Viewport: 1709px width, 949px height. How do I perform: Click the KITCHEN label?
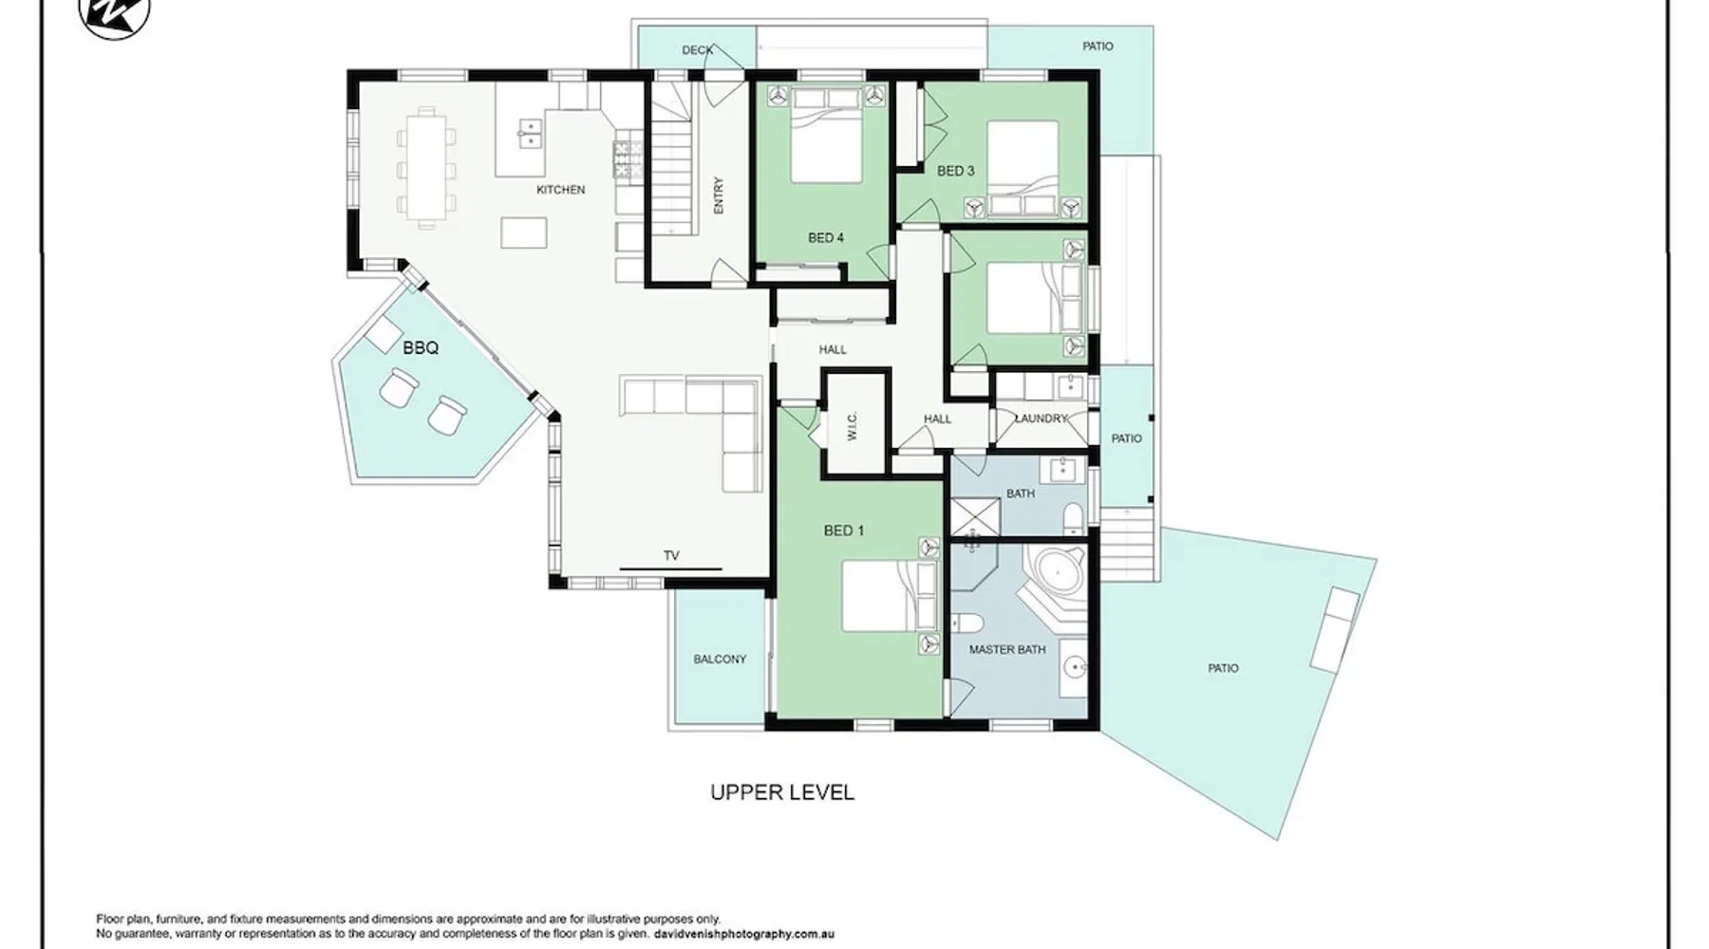pos(560,190)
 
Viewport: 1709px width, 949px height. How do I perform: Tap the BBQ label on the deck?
pos(421,348)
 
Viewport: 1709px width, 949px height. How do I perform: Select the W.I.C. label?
pos(852,425)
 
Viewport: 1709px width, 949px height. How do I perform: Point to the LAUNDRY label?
pos(1042,419)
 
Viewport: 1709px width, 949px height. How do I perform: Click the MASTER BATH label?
pos(1007,650)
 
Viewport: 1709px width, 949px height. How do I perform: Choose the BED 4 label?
pos(826,238)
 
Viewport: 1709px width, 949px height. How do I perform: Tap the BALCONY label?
pos(720,659)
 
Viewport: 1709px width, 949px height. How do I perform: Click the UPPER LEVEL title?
pos(782,792)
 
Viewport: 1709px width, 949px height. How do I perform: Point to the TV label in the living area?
pos(671,556)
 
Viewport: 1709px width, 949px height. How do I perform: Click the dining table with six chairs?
pos(425,165)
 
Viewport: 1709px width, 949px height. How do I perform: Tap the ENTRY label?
pos(719,195)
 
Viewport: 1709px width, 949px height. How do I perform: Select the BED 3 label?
pos(955,172)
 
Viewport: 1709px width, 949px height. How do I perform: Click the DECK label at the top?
pos(697,50)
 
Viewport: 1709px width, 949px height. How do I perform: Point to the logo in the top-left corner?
pos(115,17)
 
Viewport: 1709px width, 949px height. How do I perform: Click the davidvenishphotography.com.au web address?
pos(744,934)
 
